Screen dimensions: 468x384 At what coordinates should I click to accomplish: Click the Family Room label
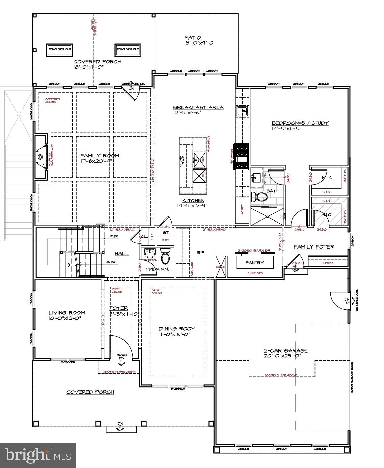click(100, 156)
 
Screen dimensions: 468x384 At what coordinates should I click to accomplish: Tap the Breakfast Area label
click(198, 107)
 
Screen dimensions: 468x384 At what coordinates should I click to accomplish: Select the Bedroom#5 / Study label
click(300, 123)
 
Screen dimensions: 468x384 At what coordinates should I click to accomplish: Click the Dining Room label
click(177, 329)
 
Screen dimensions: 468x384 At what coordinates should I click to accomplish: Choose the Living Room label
click(66, 313)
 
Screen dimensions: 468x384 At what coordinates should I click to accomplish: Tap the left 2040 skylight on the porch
click(60, 49)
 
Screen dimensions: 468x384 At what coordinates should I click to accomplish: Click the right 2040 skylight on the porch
click(128, 49)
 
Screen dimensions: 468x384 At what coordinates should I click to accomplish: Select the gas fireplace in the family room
click(41, 157)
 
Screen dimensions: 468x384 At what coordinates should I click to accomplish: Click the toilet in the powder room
click(165, 256)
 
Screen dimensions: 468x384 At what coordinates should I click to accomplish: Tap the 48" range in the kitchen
click(243, 156)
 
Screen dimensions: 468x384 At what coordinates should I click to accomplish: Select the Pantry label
click(254, 263)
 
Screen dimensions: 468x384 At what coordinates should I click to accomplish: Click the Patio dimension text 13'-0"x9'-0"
click(199, 43)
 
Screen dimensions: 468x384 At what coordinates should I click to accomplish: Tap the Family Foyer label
click(313, 247)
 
